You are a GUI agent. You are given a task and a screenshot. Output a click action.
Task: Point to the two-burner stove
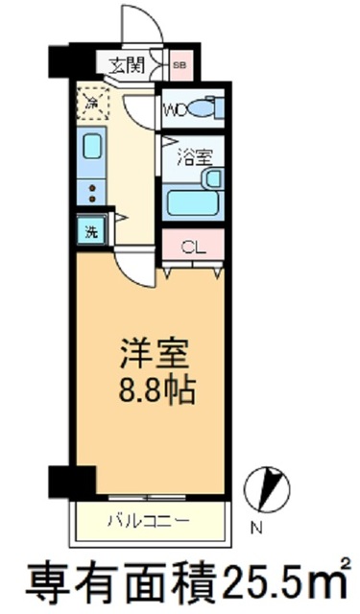92,190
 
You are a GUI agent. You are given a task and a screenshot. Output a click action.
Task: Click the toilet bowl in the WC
203,107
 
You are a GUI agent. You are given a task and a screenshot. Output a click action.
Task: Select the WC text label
176,107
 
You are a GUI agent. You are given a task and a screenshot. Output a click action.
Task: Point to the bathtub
191,202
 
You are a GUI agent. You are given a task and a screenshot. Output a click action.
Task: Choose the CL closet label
193,246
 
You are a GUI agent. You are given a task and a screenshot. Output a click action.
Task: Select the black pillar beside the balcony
73,481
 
